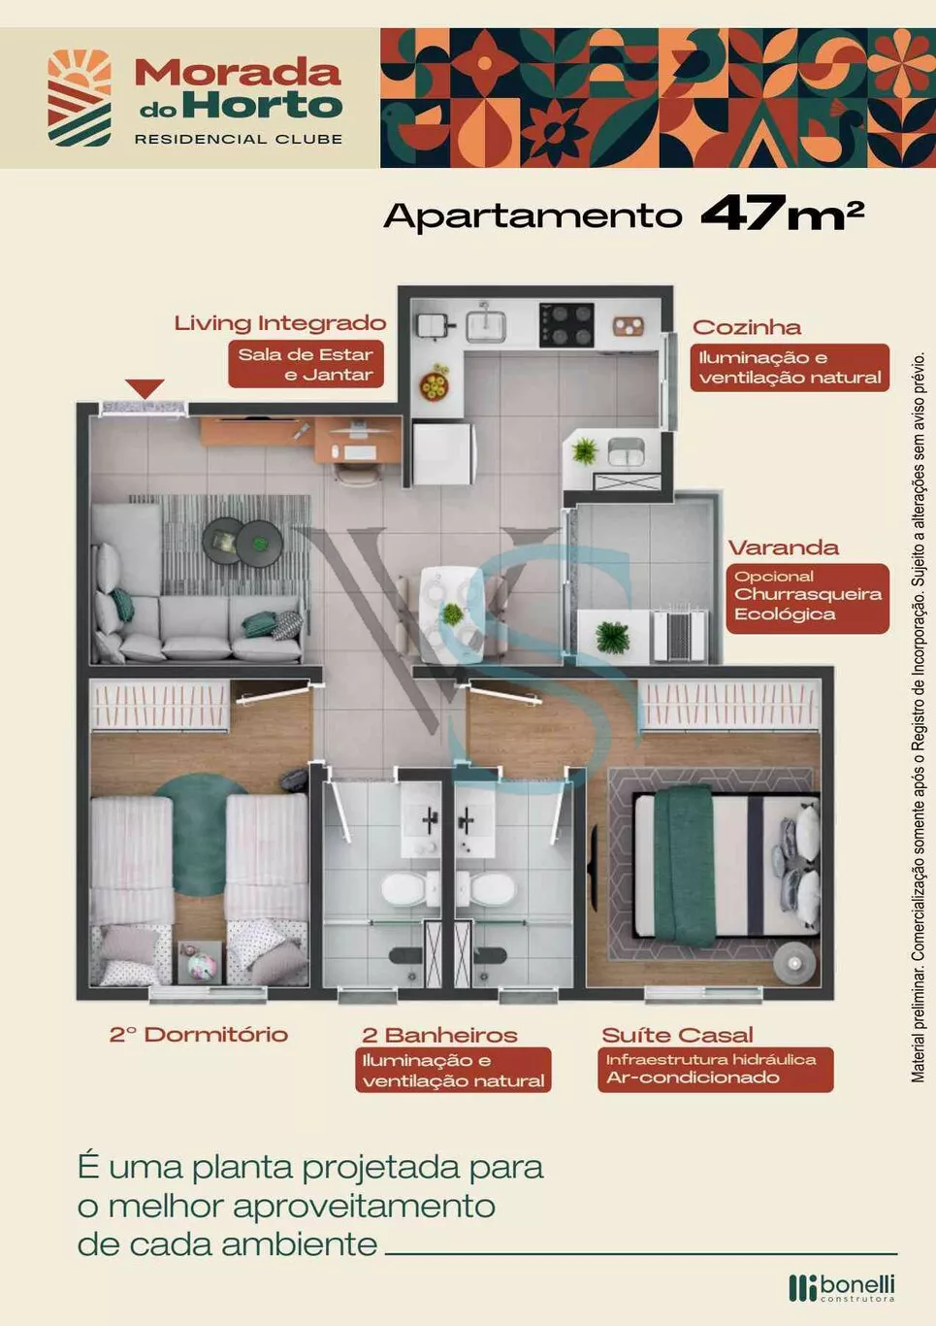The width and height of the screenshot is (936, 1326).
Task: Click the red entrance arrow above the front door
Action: [145, 388]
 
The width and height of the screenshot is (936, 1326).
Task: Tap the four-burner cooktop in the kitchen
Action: [566, 325]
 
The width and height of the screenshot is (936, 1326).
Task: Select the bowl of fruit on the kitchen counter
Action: [435, 383]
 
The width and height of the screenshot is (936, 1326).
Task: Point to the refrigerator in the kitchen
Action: [443, 453]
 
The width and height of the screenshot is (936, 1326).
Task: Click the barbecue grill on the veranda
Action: [679, 636]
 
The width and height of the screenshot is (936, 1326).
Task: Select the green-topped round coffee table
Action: [260, 543]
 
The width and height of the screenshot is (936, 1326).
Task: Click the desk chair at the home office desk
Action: [356, 473]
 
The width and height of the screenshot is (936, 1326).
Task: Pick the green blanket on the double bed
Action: [685, 867]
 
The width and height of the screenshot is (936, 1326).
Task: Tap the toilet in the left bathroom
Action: [409, 888]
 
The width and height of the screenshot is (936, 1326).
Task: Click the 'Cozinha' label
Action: [747, 327]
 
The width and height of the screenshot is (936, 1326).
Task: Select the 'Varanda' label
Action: [784, 547]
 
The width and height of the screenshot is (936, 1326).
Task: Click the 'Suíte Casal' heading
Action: [677, 1035]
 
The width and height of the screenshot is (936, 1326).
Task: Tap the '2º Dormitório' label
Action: [199, 1034]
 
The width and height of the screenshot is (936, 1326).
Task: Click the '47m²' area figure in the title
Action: [782, 214]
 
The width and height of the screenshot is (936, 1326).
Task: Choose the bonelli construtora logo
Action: [842, 1288]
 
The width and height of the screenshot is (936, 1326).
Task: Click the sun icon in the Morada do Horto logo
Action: [80, 71]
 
